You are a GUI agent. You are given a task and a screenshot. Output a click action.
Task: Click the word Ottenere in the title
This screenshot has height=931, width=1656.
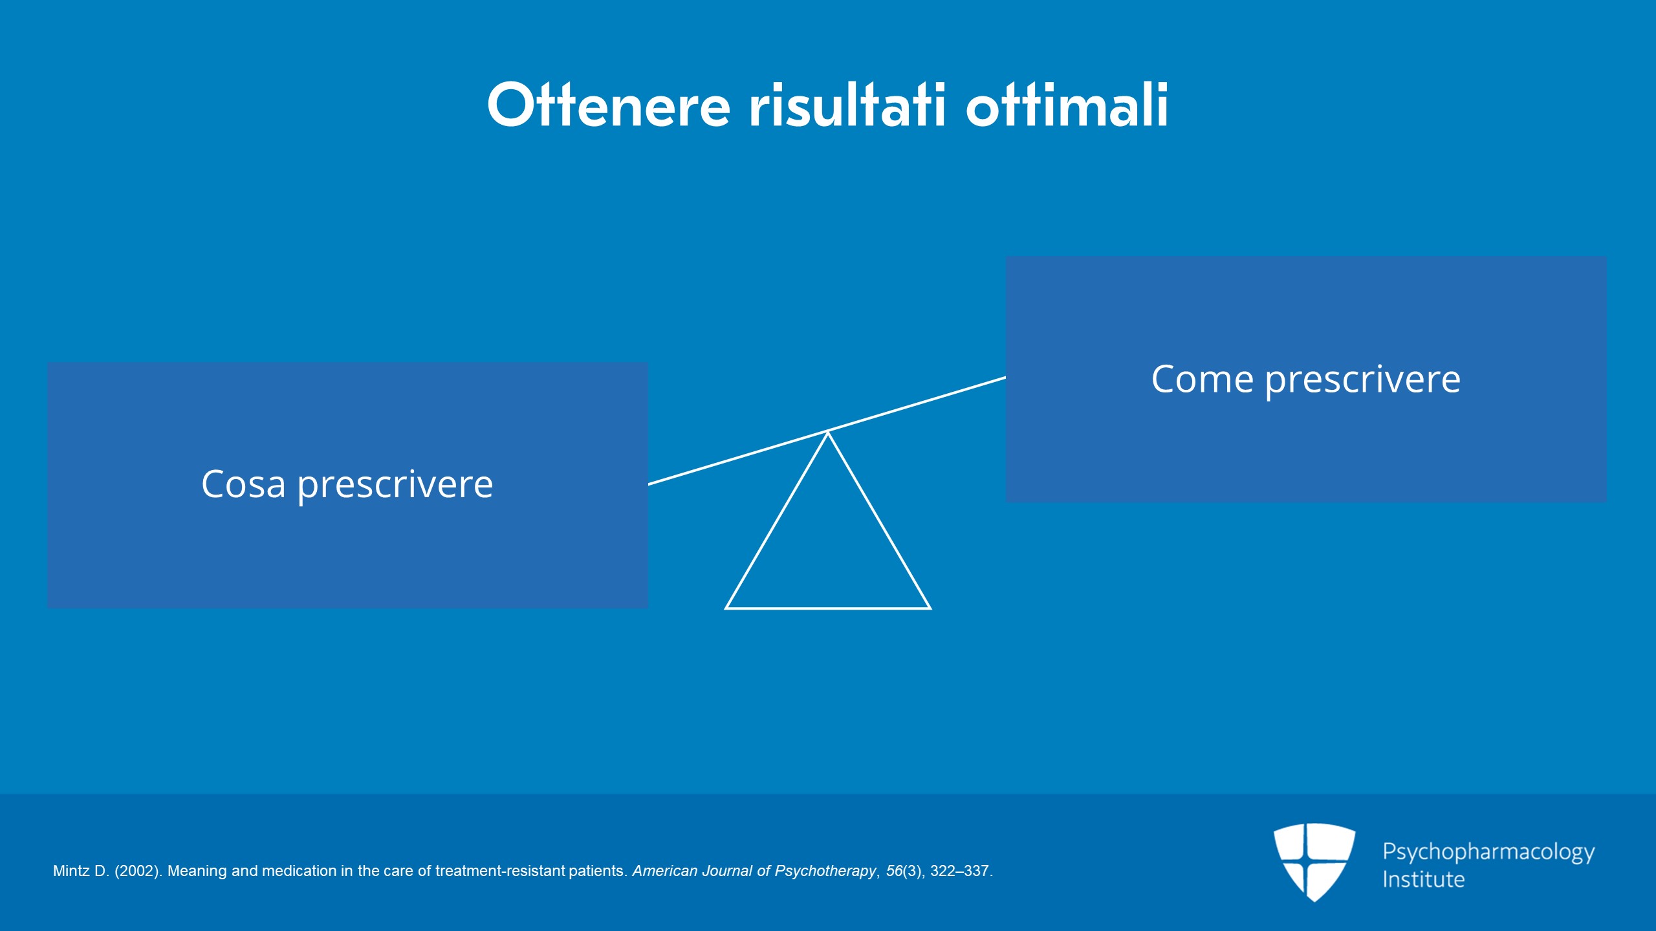click(x=609, y=105)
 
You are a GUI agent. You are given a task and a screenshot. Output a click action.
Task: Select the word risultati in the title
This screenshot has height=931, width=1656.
click(x=848, y=105)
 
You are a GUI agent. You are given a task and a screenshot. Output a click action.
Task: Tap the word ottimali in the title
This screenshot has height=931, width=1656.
click(x=1067, y=105)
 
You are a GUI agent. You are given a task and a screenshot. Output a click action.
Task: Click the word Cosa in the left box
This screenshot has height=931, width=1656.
click(x=243, y=484)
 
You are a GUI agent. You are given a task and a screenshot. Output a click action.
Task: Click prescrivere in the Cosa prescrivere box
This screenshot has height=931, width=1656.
click(x=395, y=486)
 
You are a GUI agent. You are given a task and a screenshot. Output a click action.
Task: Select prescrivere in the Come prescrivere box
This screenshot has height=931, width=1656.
click(x=1362, y=381)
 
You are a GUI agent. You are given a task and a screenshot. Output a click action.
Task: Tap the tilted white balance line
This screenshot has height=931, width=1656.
click(x=827, y=431)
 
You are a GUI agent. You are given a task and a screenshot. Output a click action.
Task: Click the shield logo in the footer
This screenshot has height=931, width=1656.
click(x=1314, y=862)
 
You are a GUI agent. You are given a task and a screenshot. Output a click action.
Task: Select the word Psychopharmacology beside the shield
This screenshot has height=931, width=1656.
click(x=1488, y=852)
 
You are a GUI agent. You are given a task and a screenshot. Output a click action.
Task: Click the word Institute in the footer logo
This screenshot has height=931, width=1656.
click(x=1423, y=879)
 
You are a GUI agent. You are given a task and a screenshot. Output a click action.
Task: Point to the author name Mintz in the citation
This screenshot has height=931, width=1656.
click(x=71, y=871)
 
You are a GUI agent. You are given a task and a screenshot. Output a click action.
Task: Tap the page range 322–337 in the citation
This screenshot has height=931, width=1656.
click(x=959, y=871)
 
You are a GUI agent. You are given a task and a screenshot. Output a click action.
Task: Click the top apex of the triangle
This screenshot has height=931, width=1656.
click(x=828, y=433)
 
